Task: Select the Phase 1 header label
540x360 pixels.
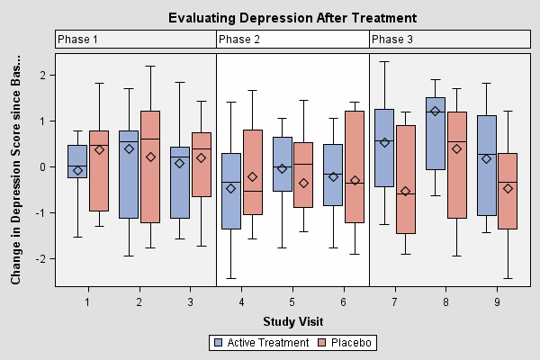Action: tap(77, 40)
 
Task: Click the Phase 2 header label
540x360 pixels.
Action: tap(239, 40)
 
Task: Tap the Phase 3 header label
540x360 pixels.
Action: tap(392, 40)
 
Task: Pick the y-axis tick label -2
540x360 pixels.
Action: tap(40, 259)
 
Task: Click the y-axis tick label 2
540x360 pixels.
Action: tap(42, 76)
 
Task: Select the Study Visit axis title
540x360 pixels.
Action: tap(293, 321)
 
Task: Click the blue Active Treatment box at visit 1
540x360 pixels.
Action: tap(77, 161)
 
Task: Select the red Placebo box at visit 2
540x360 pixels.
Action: tap(149, 166)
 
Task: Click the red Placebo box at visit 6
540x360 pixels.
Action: tap(354, 166)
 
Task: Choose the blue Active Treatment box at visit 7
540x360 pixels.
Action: tap(384, 148)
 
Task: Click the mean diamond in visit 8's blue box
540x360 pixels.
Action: tap(436, 112)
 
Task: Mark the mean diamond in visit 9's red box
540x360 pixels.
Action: tap(508, 188)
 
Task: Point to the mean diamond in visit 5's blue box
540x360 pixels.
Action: tap(282, 168)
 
